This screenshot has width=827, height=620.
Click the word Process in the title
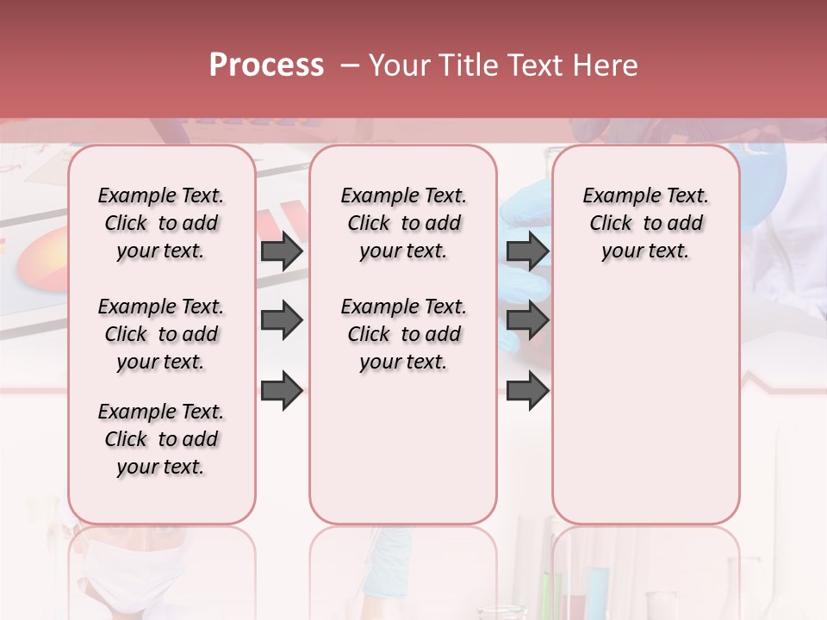tap(266, 65)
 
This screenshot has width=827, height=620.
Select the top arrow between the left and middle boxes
tap(282, 251)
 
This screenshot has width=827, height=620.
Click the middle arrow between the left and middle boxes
tap(282, 320)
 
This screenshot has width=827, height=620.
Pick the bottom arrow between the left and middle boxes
tap(282, 389)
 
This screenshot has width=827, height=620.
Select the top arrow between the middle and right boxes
tap(527, 251)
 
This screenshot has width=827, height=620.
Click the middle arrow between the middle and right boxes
tap(527, 320)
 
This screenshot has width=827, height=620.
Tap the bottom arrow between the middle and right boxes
tap(527, 389)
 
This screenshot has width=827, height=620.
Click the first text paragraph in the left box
tap(161, 223)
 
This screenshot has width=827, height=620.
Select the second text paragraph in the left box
tap(161, 334)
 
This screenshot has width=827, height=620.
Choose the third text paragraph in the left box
tap(161, 439)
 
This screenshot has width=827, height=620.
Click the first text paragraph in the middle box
tap(403, 223)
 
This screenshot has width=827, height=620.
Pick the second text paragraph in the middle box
tap(403, 334)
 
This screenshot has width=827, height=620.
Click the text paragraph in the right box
tap(645, 223)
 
